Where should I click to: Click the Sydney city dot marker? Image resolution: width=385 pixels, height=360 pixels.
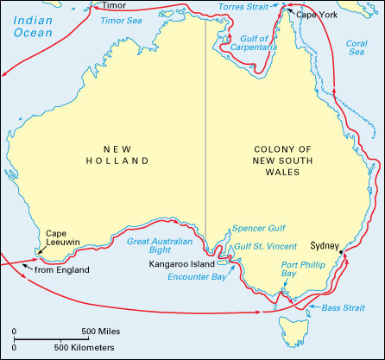[x=343, y=252]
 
